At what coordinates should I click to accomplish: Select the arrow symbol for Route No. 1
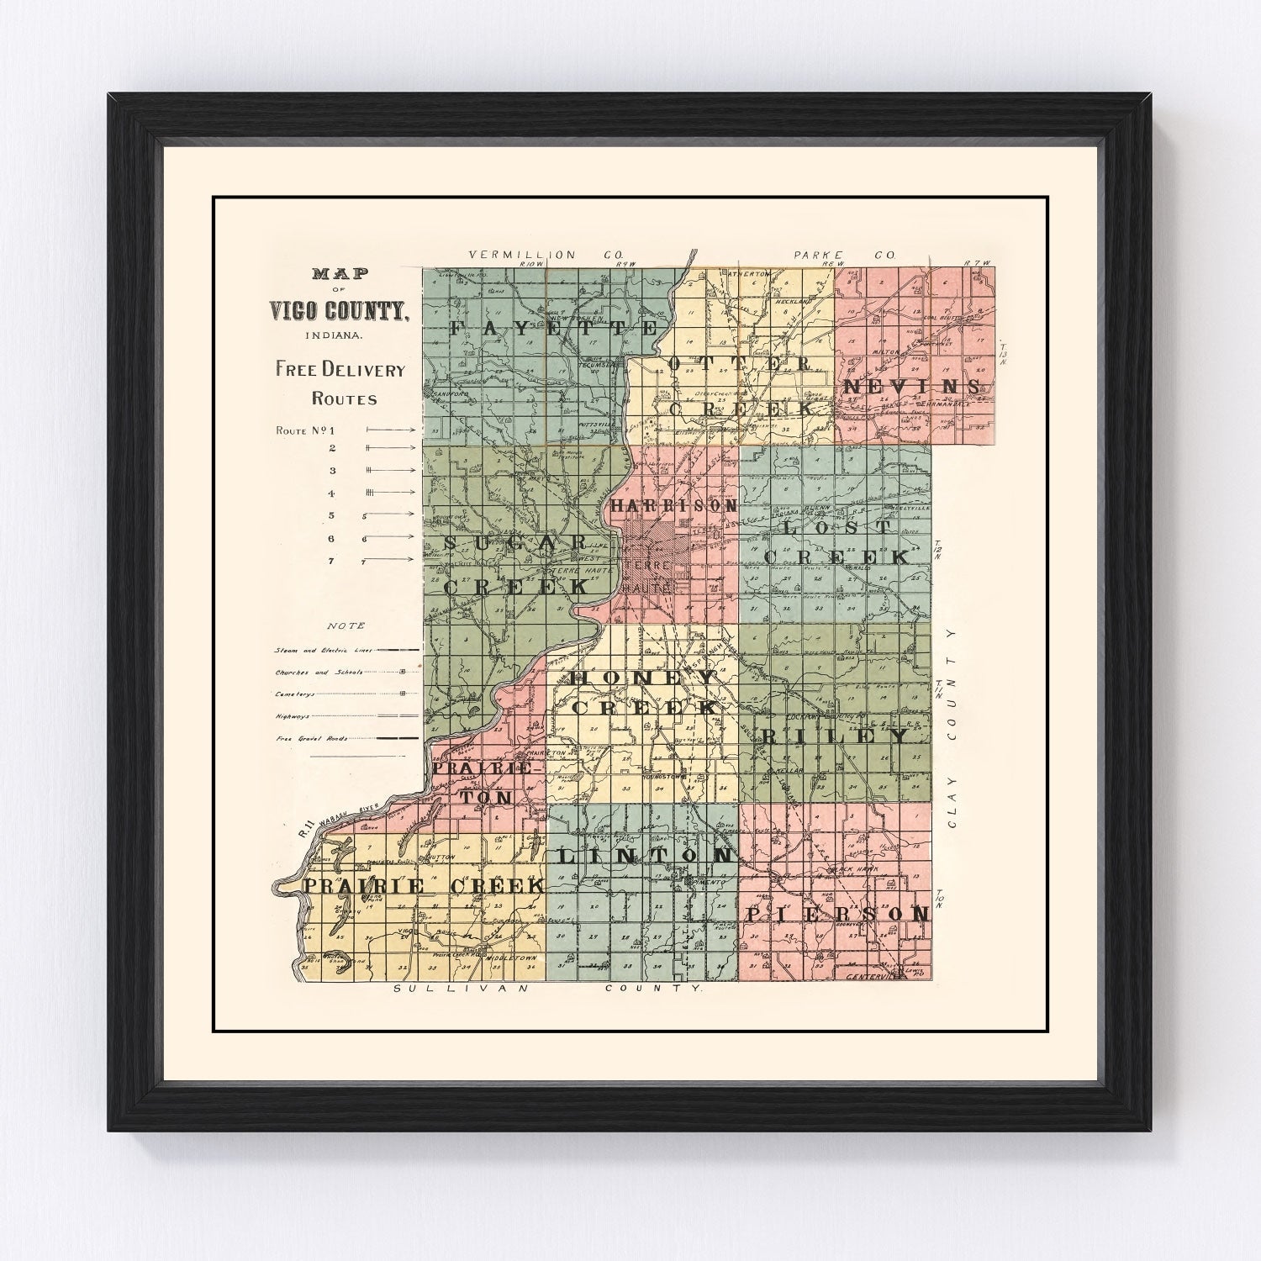click(390, 429)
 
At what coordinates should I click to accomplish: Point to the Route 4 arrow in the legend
click(390, 493)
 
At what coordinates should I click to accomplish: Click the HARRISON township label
click(674, 506)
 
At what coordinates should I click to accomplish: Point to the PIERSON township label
click(837, 914)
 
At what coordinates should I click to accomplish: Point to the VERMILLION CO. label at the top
click(523, 254)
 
